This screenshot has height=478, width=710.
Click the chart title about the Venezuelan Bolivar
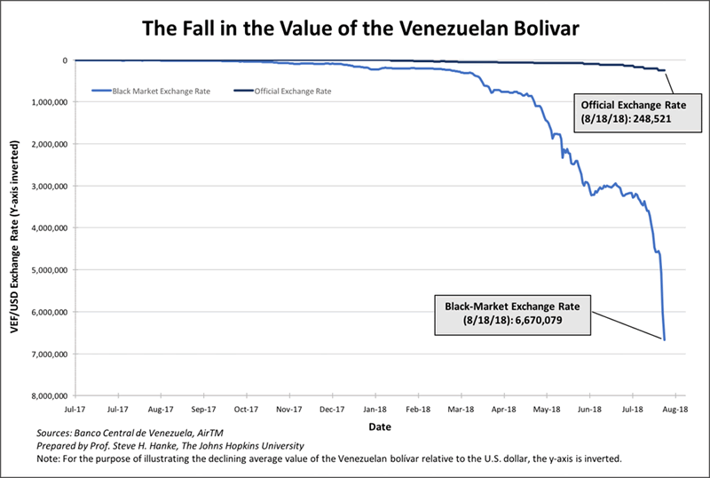pyautogui.click(x=354, y=28)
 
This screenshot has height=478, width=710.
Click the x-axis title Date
pyautogui.click(x=375, y=426)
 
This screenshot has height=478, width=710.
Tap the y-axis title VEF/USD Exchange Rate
pyautogui.click(x=14, y=228)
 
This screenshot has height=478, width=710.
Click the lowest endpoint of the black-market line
pyautogui.click(x=664, y=339)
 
